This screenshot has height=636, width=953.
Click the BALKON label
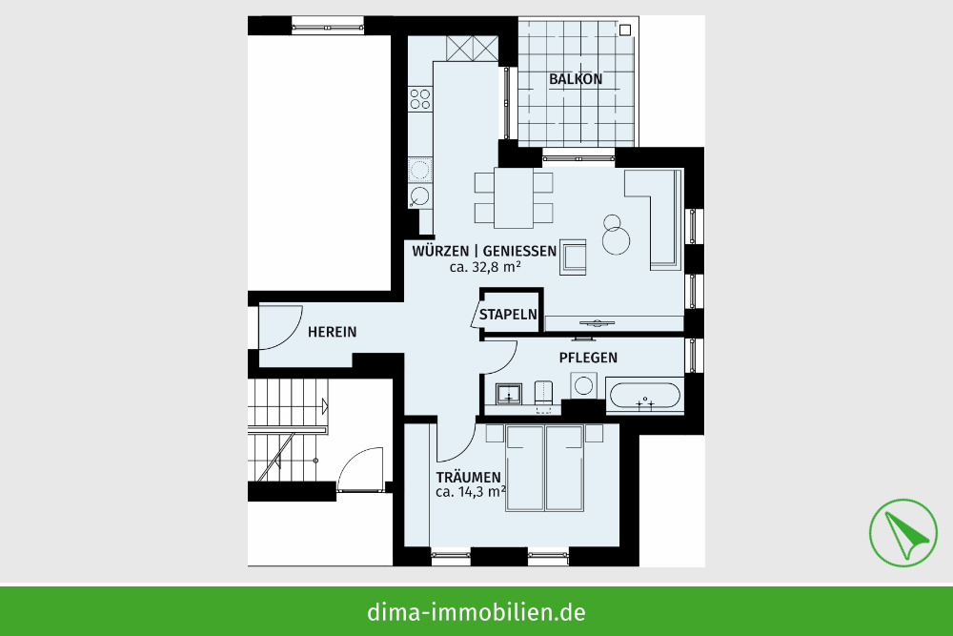coord(576,79)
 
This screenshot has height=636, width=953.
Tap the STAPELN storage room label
coord(508,315)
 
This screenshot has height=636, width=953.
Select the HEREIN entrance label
coord(332,332)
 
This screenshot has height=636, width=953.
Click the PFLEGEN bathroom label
coord(588,358)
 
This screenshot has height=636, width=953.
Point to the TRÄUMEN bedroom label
coord(468,478)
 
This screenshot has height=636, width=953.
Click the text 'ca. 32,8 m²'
coord(485,267)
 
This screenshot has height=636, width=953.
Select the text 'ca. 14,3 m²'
coord(471,492)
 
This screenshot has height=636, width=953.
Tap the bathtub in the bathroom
coord(644,395)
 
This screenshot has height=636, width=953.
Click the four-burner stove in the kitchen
coord(420,98)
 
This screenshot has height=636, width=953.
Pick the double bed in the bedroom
coord(544,467)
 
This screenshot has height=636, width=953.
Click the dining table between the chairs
coord(514,197)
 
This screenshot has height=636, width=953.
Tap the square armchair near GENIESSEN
coord(573,256)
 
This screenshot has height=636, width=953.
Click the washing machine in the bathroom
coord(583,385)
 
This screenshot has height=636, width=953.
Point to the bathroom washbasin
coord(508,394)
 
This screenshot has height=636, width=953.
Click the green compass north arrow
coord(903,533)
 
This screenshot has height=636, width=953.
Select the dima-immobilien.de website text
coord(476,611)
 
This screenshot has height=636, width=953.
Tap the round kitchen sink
coord(420,196)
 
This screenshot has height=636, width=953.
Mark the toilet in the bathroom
coord(543,392)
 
